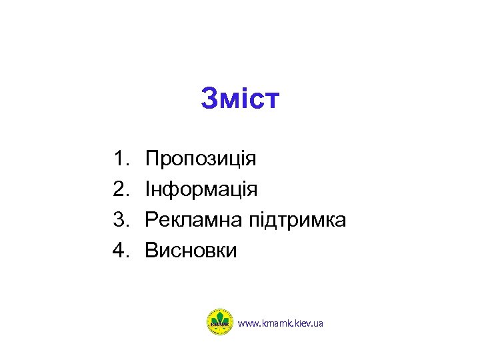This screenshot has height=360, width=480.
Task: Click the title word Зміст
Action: pyautogui.click(x=240, y=100)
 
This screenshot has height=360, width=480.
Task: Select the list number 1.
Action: pyautogui.click(x=120, y=159)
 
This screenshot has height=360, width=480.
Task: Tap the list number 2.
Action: pyautogui.click(x=120, y=190)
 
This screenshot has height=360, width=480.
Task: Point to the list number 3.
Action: pyautogui.click(x=120, y=220)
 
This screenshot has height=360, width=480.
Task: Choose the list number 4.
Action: pyautogui.click(x=120, y=251)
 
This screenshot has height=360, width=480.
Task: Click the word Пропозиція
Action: pyautogui.click(x=201, y=160)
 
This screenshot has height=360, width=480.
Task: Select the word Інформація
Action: pyautogui.click(x=201, y=190)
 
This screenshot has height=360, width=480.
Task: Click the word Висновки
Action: pyautogui.click(x=191, y=251)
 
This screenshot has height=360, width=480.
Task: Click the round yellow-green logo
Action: pyautogui.click(x=219, y=322)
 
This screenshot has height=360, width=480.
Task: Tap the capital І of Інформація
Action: pyautogui.click(x=148, y=190)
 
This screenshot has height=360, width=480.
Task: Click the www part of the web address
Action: pyautogui.click(x=247, y=323)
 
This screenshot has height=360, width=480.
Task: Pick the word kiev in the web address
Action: pyautogui.click(x=301, y=323)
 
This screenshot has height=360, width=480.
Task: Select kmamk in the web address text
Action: pyautogui.click(x=275, y=323)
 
